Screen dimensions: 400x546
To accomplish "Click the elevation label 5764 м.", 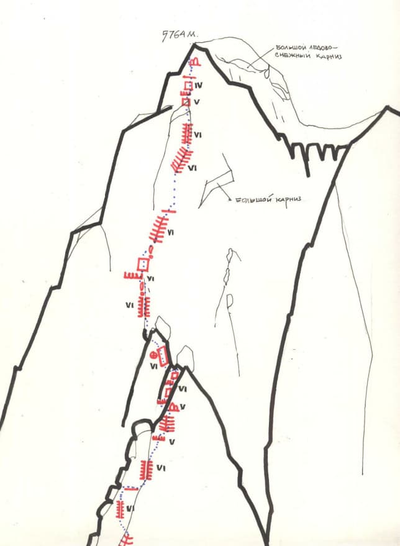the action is point(178,34).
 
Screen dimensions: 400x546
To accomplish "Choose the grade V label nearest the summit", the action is point(196,101).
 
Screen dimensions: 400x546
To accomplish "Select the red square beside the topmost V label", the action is point(185,101).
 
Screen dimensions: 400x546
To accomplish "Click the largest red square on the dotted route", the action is point(143,264).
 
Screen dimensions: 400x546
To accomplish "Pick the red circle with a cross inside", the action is point(154,355).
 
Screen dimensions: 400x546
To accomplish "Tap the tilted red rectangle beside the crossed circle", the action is point(163,355).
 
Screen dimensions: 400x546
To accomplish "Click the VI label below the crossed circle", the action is point(153,367).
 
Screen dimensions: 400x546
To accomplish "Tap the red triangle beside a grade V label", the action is point(175,407).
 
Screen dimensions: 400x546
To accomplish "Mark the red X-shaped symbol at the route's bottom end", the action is point(127,539).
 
